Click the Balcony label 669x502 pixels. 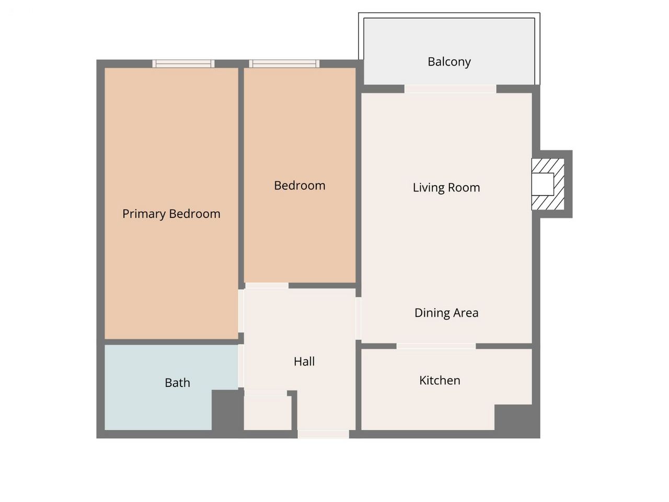point(449,62)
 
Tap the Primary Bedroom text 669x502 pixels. point(171,214)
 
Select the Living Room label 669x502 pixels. point(446,187)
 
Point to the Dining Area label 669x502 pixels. point(446,313)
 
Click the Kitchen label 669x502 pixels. point(440,381)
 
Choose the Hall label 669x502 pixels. point(304,361)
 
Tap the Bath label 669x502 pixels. point(177,383)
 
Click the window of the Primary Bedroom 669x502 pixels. point(183,64)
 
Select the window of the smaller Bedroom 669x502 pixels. point(284,64)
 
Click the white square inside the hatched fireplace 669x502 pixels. point(543,184)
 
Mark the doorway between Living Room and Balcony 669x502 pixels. point(450,89)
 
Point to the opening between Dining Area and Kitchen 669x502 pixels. point(436,346)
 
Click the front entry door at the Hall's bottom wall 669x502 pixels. point(323,435)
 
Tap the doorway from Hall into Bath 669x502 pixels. point(241,366)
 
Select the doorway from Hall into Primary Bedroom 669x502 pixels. point(241,311)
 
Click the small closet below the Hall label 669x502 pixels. point(267,413)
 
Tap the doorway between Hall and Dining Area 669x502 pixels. point(359,318)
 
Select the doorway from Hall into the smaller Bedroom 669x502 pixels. point(267,286)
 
